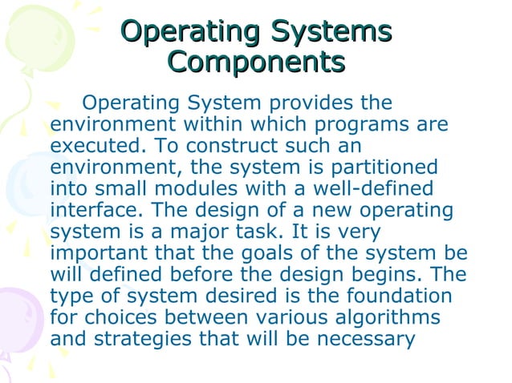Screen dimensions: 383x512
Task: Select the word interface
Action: tap(95, 212)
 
